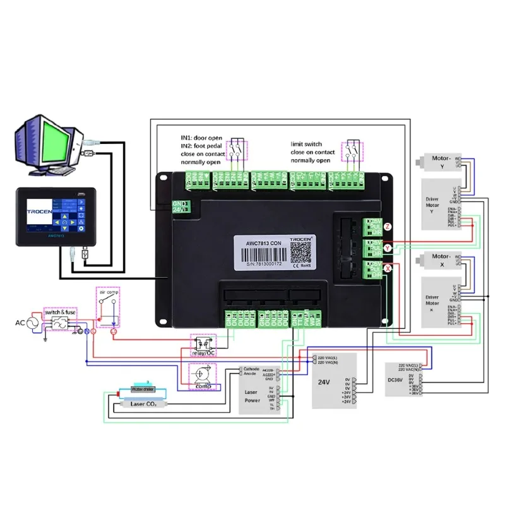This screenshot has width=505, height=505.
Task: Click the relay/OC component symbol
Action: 203,344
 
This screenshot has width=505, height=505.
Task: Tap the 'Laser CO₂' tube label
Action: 143,403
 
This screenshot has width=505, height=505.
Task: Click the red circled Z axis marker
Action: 388,226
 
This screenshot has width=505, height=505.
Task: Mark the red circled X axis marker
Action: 388,268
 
